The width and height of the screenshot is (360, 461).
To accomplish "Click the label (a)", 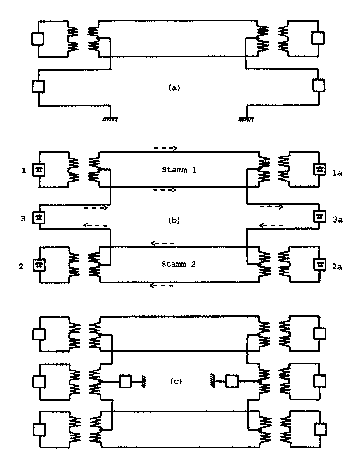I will coord(174,88).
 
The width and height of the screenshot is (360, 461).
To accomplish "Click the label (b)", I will coord(174,220).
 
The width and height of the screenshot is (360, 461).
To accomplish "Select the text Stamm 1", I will coord(179,170).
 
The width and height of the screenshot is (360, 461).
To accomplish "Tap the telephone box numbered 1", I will coord(38,170).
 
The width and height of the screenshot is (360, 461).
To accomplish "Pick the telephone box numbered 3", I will coord(39,217).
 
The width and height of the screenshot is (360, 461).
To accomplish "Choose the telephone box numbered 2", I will coord(38,265).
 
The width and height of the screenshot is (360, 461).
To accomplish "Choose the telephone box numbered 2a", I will coord(319,264).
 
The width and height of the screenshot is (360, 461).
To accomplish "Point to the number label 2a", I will coord(337,267).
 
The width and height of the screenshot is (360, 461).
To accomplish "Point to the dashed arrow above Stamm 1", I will coord(165,148).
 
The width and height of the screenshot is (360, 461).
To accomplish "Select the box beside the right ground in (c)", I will coord(232,381).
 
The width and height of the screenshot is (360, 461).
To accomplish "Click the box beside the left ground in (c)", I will coord(125,381).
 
